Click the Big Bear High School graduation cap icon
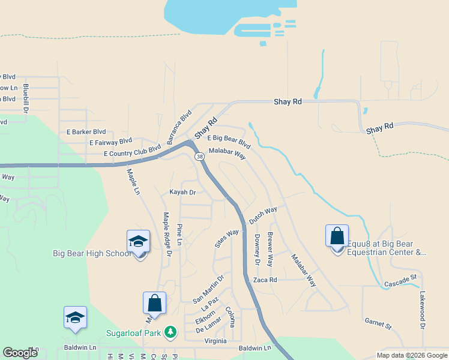click(x=138, y=242)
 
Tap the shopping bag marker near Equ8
click(x=337, y=236)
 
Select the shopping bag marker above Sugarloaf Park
click(x=154, y=304)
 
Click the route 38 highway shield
click(x=199, y=156)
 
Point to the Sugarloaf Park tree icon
click(x=171, y=332)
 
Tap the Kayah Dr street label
click(x=183, y=192)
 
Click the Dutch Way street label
click(x=263, y=216)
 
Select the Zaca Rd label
click(x=265, y=280)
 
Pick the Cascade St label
click(x=400, y=279)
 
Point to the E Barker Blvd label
click(x=86, y=132)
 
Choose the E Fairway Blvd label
click(x=110, y=142)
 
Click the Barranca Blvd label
click(x=179, y=127)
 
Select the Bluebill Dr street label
click(x=26, y=95)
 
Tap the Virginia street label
click(x=215, y=341)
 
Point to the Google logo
click(x=20, y=353)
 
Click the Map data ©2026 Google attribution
click(x=412, y=355)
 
